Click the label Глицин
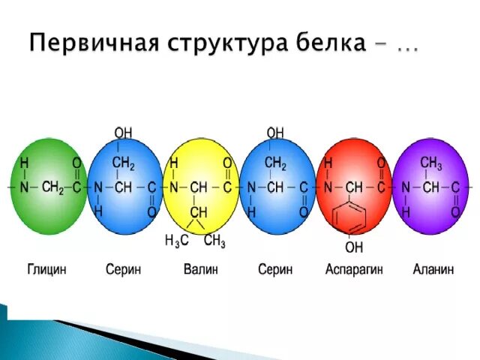pos(46,270)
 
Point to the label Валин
pos(200,270)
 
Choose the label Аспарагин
pos(353,270)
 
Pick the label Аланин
pos(433,270)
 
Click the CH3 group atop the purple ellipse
pos(431,163)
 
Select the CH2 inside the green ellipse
pos(52,187)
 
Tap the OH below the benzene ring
pos(353,246)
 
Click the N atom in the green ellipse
pos(24,187)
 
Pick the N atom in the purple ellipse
pos(406,187)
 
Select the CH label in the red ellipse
pos(353,187)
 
